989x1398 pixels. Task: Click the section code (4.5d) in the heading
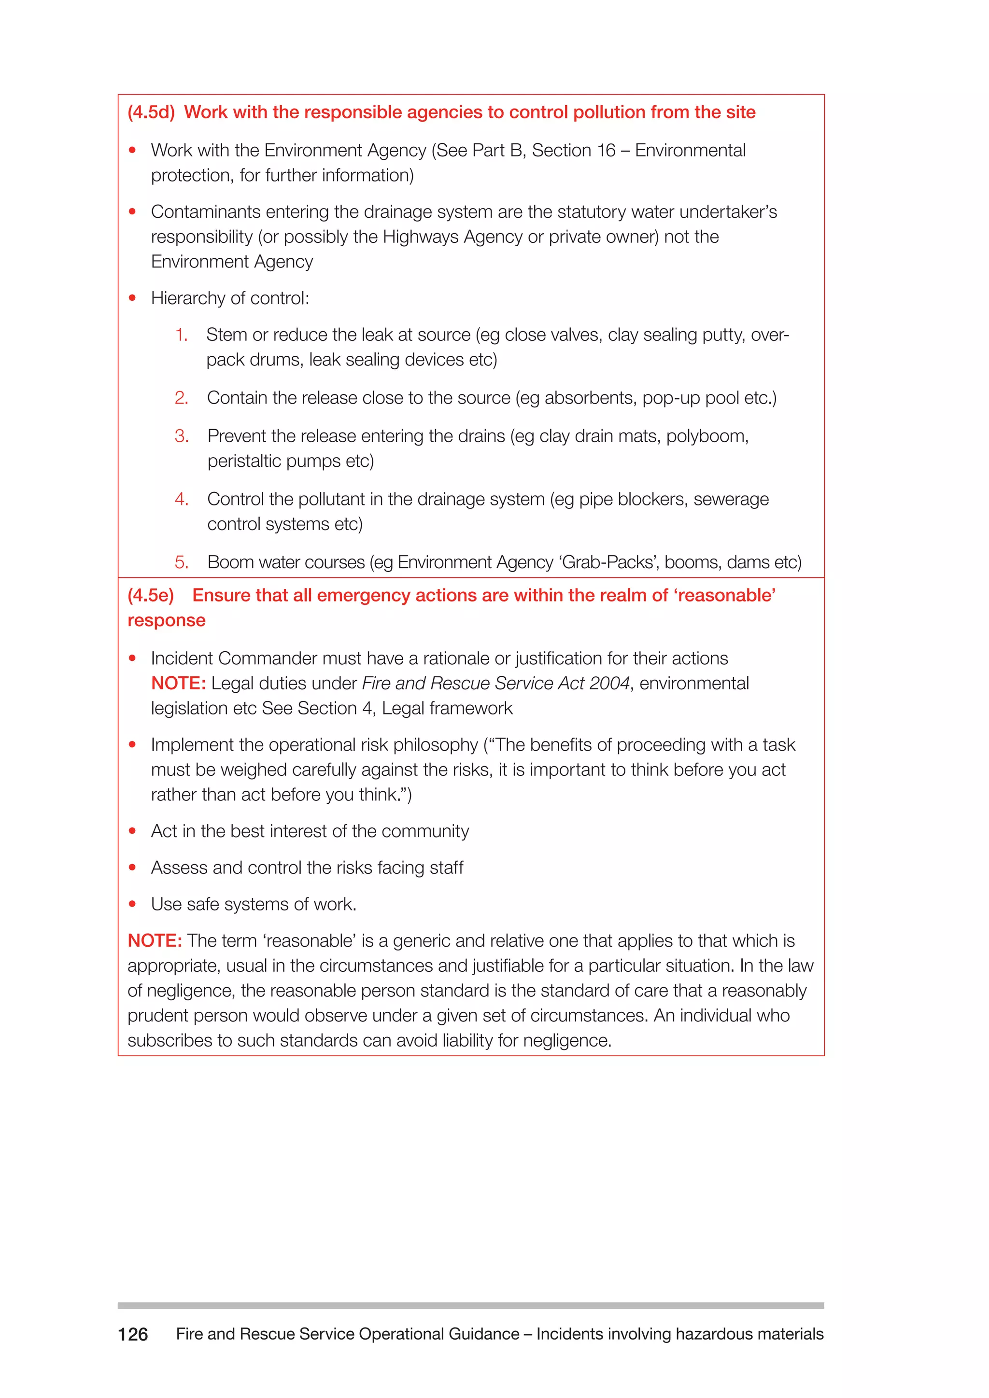tap(151, 112)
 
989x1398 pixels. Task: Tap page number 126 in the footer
tap(133, 1334)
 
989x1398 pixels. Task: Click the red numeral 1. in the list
tap(182, 335)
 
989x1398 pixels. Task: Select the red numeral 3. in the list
tap(182, 436)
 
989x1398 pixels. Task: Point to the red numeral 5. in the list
tap(182, 562)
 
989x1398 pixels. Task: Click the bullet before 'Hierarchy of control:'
tap(132, 298)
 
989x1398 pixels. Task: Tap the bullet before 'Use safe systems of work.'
tap(132, 904)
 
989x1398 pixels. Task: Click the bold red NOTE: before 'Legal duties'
tap(178, 684)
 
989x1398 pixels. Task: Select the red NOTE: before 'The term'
tap(155, 941)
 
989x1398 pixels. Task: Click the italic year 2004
tap(609, 684)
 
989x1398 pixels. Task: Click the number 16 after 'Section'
tap(606, 151)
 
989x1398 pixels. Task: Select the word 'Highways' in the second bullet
tap(420, 237)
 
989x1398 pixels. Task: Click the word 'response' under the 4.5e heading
tap(166, 620)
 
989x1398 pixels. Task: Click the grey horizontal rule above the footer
tap(470, 1305)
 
